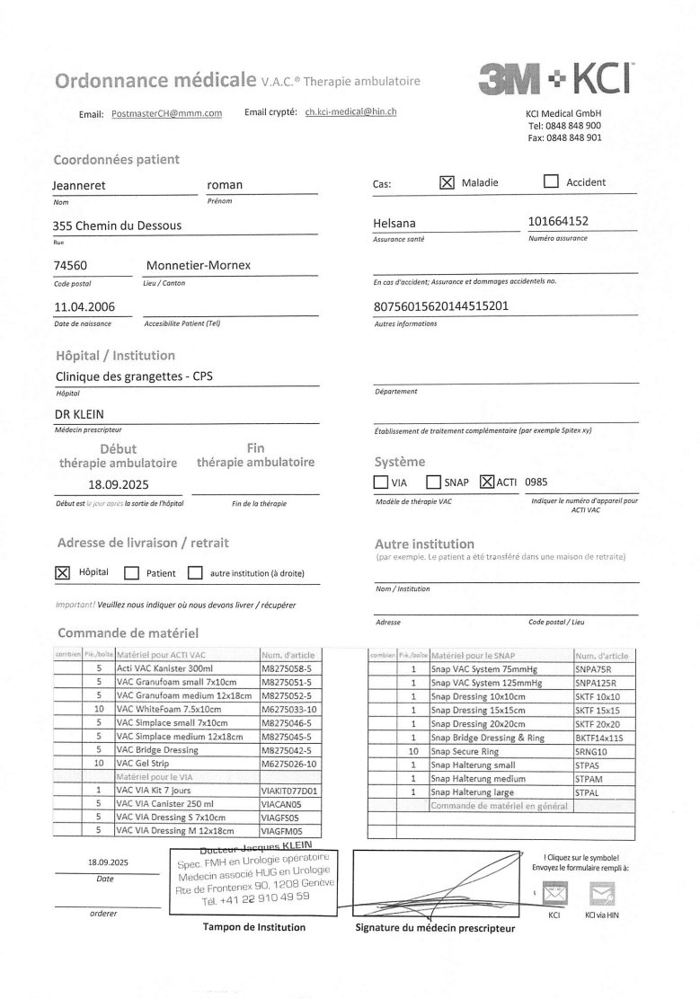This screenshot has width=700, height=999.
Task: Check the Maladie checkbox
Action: [x=447, y=181]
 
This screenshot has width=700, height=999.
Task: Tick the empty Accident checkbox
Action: [x=551, y=181]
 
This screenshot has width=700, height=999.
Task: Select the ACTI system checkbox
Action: [x=488, y=482]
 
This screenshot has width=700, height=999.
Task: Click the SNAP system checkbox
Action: [x=434, y=482]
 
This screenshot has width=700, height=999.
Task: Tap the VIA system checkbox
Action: [x=381, y=482]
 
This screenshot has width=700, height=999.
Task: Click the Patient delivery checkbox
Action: [x=131, y=572]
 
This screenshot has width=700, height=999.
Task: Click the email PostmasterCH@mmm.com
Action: [x=166, y=114]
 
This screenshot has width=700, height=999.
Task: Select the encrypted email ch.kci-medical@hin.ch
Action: [x=350, y=112]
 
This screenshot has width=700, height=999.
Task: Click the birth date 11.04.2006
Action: [x=85, y=307]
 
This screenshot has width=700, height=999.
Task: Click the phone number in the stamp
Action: [x=255, y=897]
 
